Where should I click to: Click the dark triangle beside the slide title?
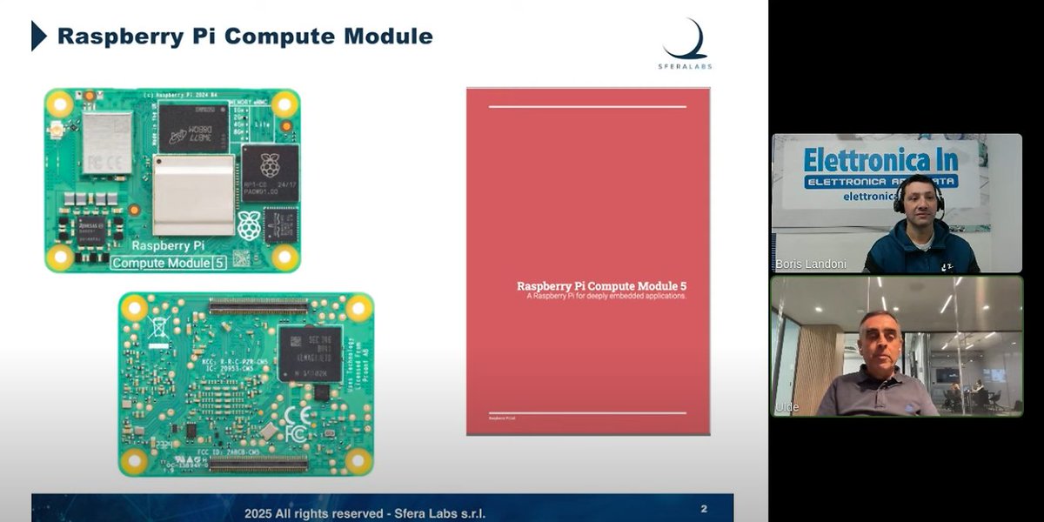[x=38, y=36]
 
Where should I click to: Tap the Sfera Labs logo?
[x=686, y=44]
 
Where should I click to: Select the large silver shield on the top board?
[x=193, y=194]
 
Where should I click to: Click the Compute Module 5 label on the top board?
[x=169, y=263]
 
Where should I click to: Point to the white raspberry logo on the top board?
[x=249, y=224]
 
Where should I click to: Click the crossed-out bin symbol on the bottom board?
[x=159, y=327]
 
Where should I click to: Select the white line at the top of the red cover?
[x=587, y=107]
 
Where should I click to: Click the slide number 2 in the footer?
[x=704, y=507]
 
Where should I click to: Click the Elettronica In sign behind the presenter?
[x=880, y=161]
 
